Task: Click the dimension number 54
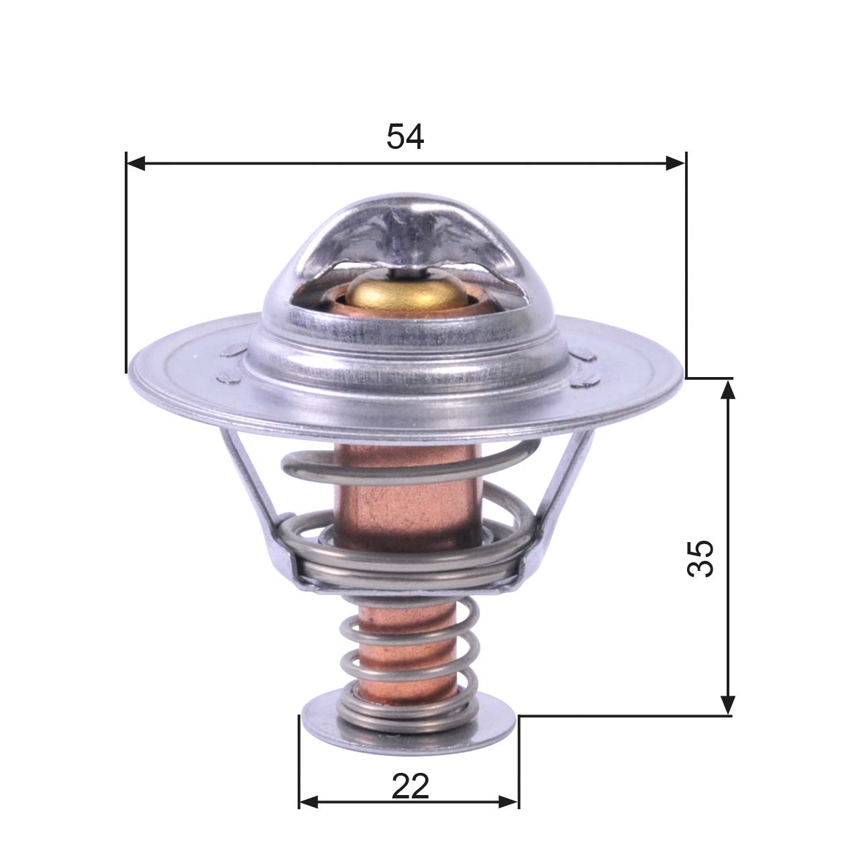pos(405,137)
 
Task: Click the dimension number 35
pos(701,558)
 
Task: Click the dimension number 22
pos(411,786)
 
